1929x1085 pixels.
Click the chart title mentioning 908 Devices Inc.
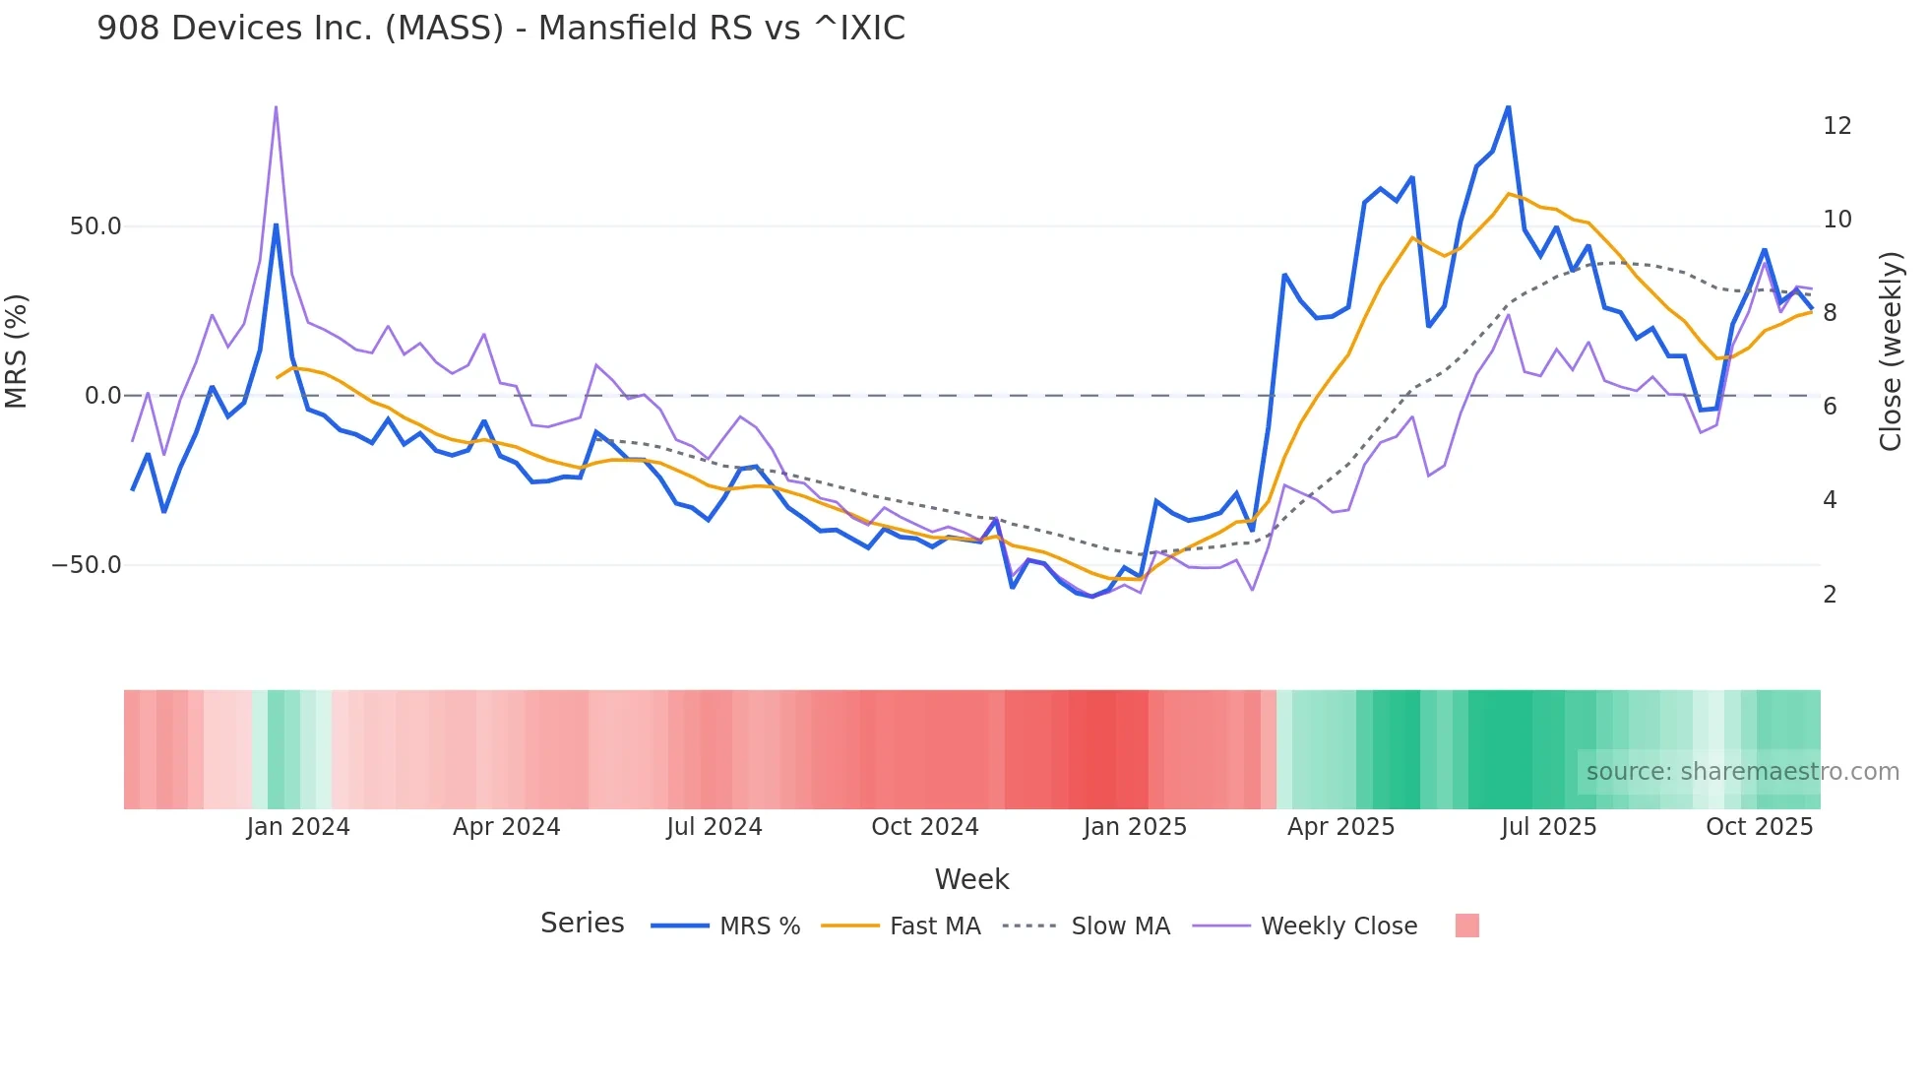[x=500, y=28]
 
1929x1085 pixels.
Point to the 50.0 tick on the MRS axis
[x=94, y=226]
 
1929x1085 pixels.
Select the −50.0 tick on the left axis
[x=87, y=565]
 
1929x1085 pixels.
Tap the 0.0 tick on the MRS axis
[x=102, y=396]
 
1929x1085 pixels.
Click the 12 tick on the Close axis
[x=1836, y=126]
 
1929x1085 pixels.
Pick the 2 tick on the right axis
[x=1830, y=595]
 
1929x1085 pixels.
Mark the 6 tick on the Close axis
[x=1830, y=407]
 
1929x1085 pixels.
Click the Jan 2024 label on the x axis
[x=297, y=827]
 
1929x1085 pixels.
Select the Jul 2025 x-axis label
[x=1548, y=827]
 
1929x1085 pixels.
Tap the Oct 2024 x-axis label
[x=924, y=827]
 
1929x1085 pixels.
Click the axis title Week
[x=971, y=879]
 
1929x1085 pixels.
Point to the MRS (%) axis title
[x=17, y=351]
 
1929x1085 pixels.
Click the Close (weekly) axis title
[x=1891, y=351]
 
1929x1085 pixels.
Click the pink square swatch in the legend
[x=1466, y=925]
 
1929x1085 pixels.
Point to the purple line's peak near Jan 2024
[x=276, y=107]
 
